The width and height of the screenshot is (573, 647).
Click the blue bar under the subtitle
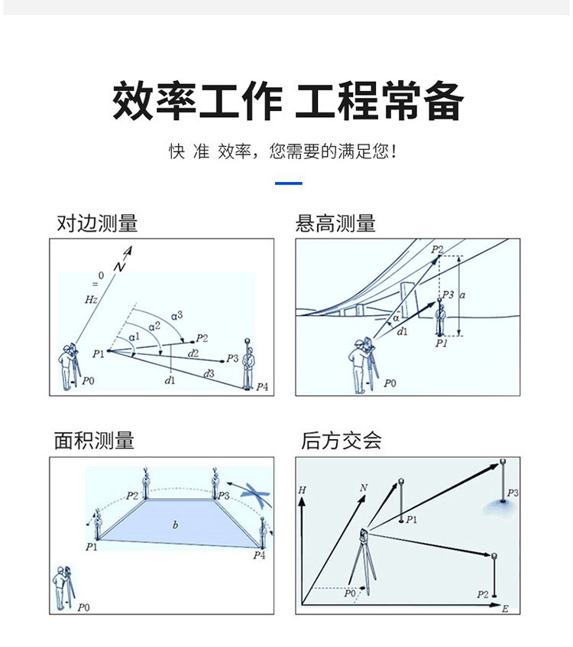click(x=288, y=184)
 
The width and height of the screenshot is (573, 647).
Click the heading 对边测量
click(x=97, y=223)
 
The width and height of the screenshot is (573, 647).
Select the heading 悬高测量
click(x=335, y=223)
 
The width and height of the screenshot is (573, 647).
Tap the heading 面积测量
click(x=94, y=441)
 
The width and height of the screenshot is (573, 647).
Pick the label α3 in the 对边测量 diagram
click(x=176, y=315)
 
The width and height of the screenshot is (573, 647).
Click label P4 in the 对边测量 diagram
click(x=261, y=387)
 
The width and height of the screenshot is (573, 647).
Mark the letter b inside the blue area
click(x=175, y=525)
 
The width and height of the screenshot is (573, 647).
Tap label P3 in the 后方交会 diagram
click(x=512, y=493)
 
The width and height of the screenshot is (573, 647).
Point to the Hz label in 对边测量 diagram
click(x=90, y=301)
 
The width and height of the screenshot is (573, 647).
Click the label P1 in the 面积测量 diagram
click(x=92, y=547)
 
